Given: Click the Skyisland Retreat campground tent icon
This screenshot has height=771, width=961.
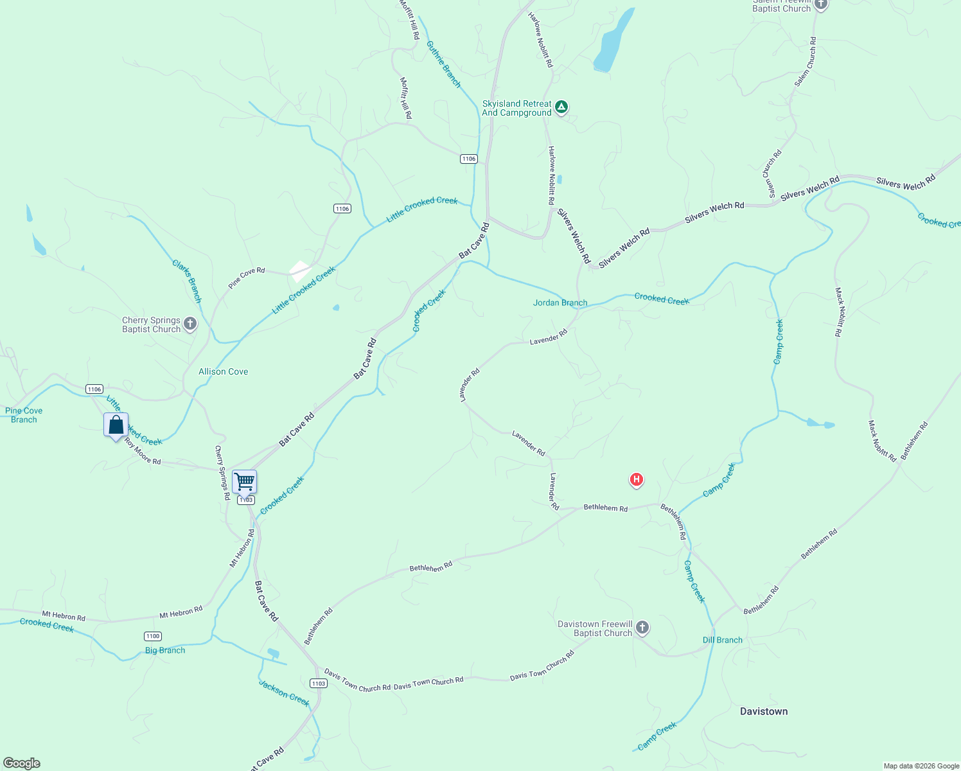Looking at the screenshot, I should tap(561, 107).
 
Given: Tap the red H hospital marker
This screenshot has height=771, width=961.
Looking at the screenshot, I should tap(636, 479).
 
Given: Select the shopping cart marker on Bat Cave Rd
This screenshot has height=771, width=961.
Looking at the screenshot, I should tap(244, 481).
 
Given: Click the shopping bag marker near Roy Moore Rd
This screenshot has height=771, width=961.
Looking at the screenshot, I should tap(116, 425).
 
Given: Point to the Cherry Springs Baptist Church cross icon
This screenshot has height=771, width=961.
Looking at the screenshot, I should tap(190, 324).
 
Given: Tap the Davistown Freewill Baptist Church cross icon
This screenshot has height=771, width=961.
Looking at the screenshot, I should tap(642, 628).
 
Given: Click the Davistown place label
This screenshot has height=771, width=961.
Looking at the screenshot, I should tap(763, 711).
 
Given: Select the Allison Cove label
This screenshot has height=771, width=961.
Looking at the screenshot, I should tap(223, 371).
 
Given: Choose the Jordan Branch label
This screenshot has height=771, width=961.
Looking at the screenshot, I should tap(560, 303).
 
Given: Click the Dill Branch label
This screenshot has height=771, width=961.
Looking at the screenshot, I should tap(722, 640).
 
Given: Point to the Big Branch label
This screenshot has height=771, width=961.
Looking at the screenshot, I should tap(165, 650).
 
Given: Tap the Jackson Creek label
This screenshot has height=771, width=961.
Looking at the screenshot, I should tap(284, 693).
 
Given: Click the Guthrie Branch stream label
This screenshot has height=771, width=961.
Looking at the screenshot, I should tap(444, 64).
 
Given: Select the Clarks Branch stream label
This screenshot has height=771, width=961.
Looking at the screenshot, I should tap(187, 281).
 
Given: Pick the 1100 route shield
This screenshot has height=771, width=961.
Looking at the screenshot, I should tap(152, 636).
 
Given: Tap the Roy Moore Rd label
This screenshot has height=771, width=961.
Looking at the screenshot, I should tap(143, 452).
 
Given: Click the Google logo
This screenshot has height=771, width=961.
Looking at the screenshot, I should tap(22, 763).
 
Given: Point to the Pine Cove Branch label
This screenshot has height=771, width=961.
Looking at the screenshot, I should tap(24, 415).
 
